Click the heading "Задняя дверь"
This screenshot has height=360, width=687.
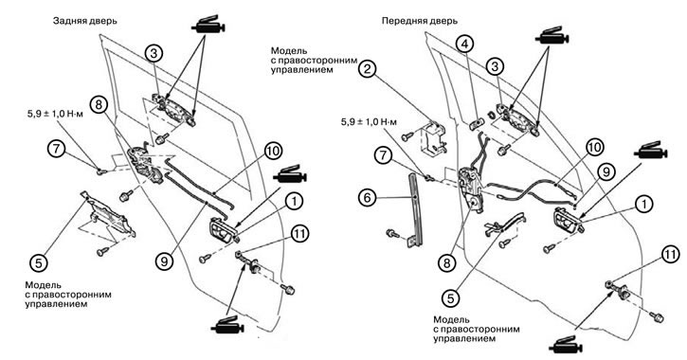click(85, 21)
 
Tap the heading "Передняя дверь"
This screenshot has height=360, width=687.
click(419, 21)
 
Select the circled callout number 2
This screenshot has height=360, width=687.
click(369, 68)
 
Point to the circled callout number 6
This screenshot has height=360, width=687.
click(367, 198)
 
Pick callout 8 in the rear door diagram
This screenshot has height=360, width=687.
click(99, 104)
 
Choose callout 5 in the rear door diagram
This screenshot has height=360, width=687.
click(39, 263)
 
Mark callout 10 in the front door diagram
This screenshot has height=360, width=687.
click(594, 147)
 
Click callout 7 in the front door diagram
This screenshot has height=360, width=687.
click(384, 155)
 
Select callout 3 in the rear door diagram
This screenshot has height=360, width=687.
click(154, 54)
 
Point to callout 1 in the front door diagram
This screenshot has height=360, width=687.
click(644, 204)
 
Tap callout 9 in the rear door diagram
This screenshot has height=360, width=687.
click(164, 261)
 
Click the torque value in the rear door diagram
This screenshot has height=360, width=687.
click(55, 116)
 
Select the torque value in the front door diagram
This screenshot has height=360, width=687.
click(369, 122)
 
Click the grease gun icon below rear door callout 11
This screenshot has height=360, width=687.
click(227, 326)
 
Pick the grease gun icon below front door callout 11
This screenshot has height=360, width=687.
click(566, 346)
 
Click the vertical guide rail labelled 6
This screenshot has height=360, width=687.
click(414, 210)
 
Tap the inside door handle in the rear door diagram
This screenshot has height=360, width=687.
click(225, 229)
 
